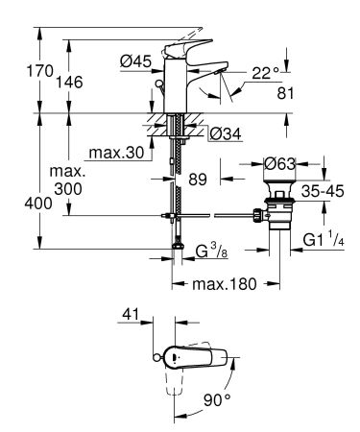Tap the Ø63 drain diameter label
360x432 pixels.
click(282, 165)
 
